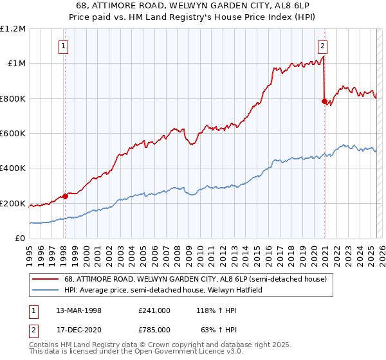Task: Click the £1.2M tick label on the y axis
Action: click(13, 29)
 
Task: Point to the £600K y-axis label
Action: click(13, 134)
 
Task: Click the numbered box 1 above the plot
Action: click(64, 46)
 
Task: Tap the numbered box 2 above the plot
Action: click(322, 46)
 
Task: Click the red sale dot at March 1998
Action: click(65, 196)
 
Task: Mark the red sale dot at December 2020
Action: click(324, 101)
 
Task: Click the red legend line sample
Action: click(46, 279)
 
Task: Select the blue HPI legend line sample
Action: click(46, 290)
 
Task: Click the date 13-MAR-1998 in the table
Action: click(79, 310)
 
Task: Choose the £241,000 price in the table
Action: click(154, 310)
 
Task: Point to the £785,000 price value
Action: click(154, 329)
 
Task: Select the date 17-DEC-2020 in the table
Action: click(79, 329)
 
